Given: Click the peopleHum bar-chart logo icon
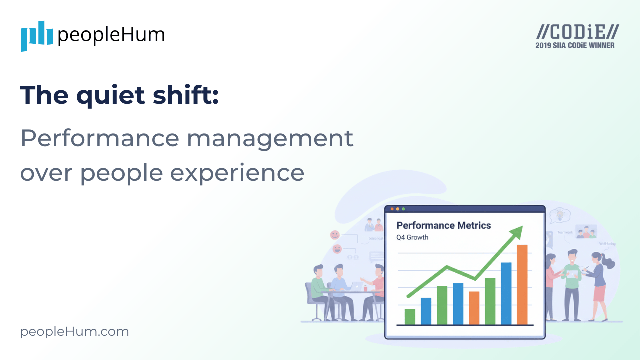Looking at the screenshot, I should [x=37, y=36].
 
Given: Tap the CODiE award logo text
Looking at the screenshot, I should [x=577, y=32].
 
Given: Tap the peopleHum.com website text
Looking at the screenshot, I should [x=74, y=332].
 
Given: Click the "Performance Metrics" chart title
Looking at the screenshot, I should [x=443, y=225].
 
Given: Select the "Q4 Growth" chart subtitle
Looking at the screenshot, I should [x=412, y=237].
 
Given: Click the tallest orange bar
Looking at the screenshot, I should [x=522, y=284].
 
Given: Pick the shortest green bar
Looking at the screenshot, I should [x=410, y=316].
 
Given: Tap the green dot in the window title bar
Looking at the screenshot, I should [x=403, y=209].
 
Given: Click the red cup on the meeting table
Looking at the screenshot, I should [x=365, y=288].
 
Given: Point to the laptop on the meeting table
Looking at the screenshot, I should [x=356, y=286].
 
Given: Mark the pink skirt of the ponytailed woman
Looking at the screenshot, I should [x=599, y=293].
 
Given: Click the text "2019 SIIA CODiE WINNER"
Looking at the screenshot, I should [x=575, y=45].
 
